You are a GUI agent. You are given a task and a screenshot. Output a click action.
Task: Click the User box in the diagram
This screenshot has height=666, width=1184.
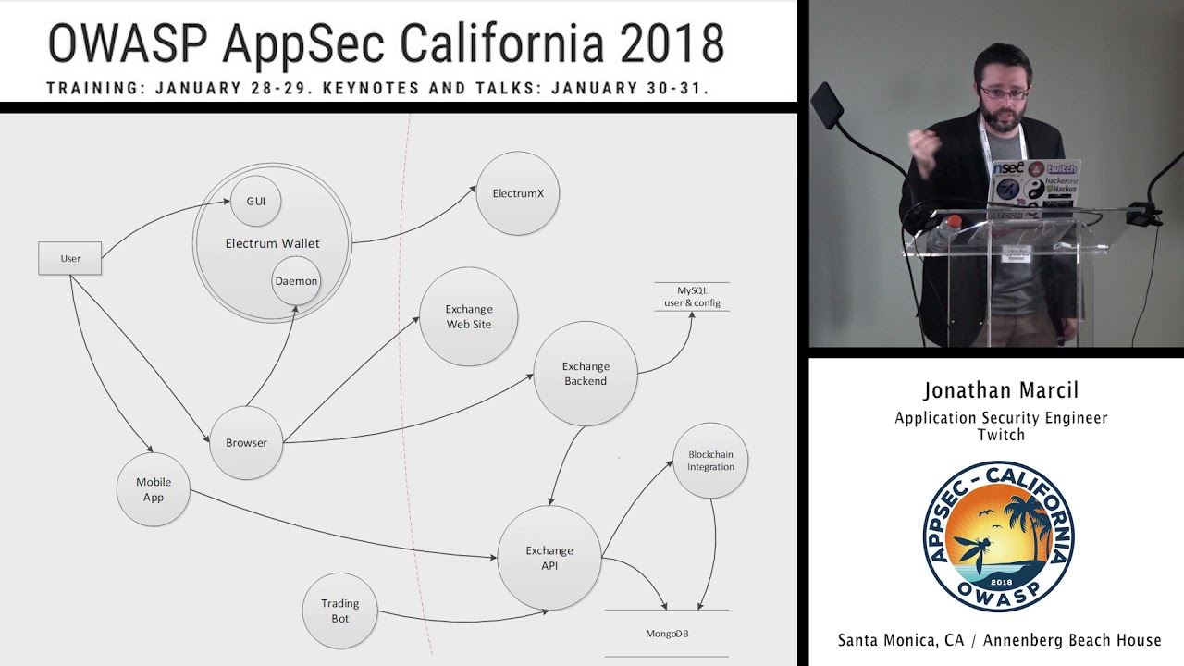coord(69,258)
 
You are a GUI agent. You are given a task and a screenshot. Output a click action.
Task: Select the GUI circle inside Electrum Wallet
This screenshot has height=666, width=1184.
coord(256,201)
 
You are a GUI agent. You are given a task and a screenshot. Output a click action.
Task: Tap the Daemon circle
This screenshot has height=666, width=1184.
coord(296,281)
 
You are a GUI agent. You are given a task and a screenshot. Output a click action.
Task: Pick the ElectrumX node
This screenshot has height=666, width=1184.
coord(518,193)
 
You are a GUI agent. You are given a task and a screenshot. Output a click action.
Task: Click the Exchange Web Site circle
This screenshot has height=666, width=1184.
coord(469,317)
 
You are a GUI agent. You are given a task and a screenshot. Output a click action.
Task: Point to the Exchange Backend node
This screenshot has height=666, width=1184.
coord(586,374)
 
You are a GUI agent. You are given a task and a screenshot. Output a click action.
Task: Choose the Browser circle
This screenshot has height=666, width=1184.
coord(246,443)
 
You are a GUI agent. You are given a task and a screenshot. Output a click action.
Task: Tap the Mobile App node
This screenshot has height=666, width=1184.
coord(154,490)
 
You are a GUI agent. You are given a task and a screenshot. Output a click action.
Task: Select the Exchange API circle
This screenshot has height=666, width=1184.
coord(549,558)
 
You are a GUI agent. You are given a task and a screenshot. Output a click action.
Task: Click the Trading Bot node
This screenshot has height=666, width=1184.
coord(340,610)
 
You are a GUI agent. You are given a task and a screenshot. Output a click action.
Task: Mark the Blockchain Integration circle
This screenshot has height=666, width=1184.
coord(710,461)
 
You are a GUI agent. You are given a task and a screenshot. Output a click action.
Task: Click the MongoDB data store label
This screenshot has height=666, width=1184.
coord(667,634)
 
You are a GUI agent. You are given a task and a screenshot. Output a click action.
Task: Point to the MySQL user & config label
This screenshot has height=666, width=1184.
coord(692,297)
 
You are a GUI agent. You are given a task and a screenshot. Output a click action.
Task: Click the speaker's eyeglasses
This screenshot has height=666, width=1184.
coord(1004,92)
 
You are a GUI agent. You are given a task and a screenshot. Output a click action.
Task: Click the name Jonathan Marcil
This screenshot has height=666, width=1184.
coord(1001,390)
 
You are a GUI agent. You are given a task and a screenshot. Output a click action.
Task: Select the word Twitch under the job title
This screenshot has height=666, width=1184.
coord(1001,435)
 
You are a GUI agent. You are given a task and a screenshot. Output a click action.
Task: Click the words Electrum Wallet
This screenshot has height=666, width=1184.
coord(273,243)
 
